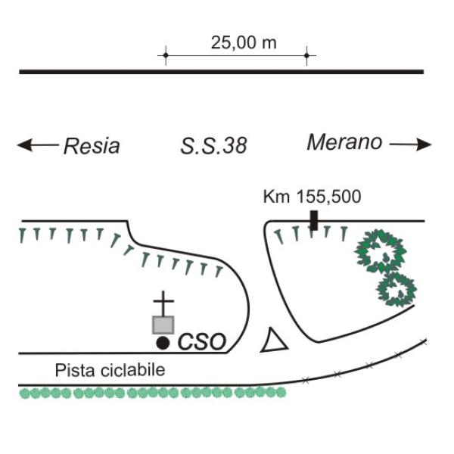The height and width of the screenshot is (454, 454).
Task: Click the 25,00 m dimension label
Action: [244, 43]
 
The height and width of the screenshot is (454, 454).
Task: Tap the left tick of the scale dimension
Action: [166, 55]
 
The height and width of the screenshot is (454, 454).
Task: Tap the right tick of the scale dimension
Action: [306, 55]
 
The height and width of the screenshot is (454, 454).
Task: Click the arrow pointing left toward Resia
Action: [38, 145]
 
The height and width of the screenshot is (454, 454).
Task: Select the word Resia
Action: [92, 145]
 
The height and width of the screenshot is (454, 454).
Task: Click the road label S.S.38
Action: [213, 145]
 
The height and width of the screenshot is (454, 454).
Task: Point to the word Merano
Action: [344, 142]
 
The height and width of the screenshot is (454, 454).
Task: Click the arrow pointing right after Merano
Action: [411, 145]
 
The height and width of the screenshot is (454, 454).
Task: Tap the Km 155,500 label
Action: [312, 197]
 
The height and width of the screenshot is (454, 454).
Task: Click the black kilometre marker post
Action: [314, 221]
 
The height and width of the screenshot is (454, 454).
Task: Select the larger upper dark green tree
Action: [380, 251]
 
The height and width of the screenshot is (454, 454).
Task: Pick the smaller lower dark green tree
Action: [396, 290]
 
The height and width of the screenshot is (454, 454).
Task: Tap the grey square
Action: [163, 325]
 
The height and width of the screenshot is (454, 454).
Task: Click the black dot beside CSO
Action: [163, 343]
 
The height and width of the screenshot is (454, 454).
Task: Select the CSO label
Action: [201, 342]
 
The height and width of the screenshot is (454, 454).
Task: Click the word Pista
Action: [75, 370]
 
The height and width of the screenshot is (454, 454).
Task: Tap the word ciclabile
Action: [132, 370]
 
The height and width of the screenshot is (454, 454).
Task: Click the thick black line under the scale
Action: [222, 72]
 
